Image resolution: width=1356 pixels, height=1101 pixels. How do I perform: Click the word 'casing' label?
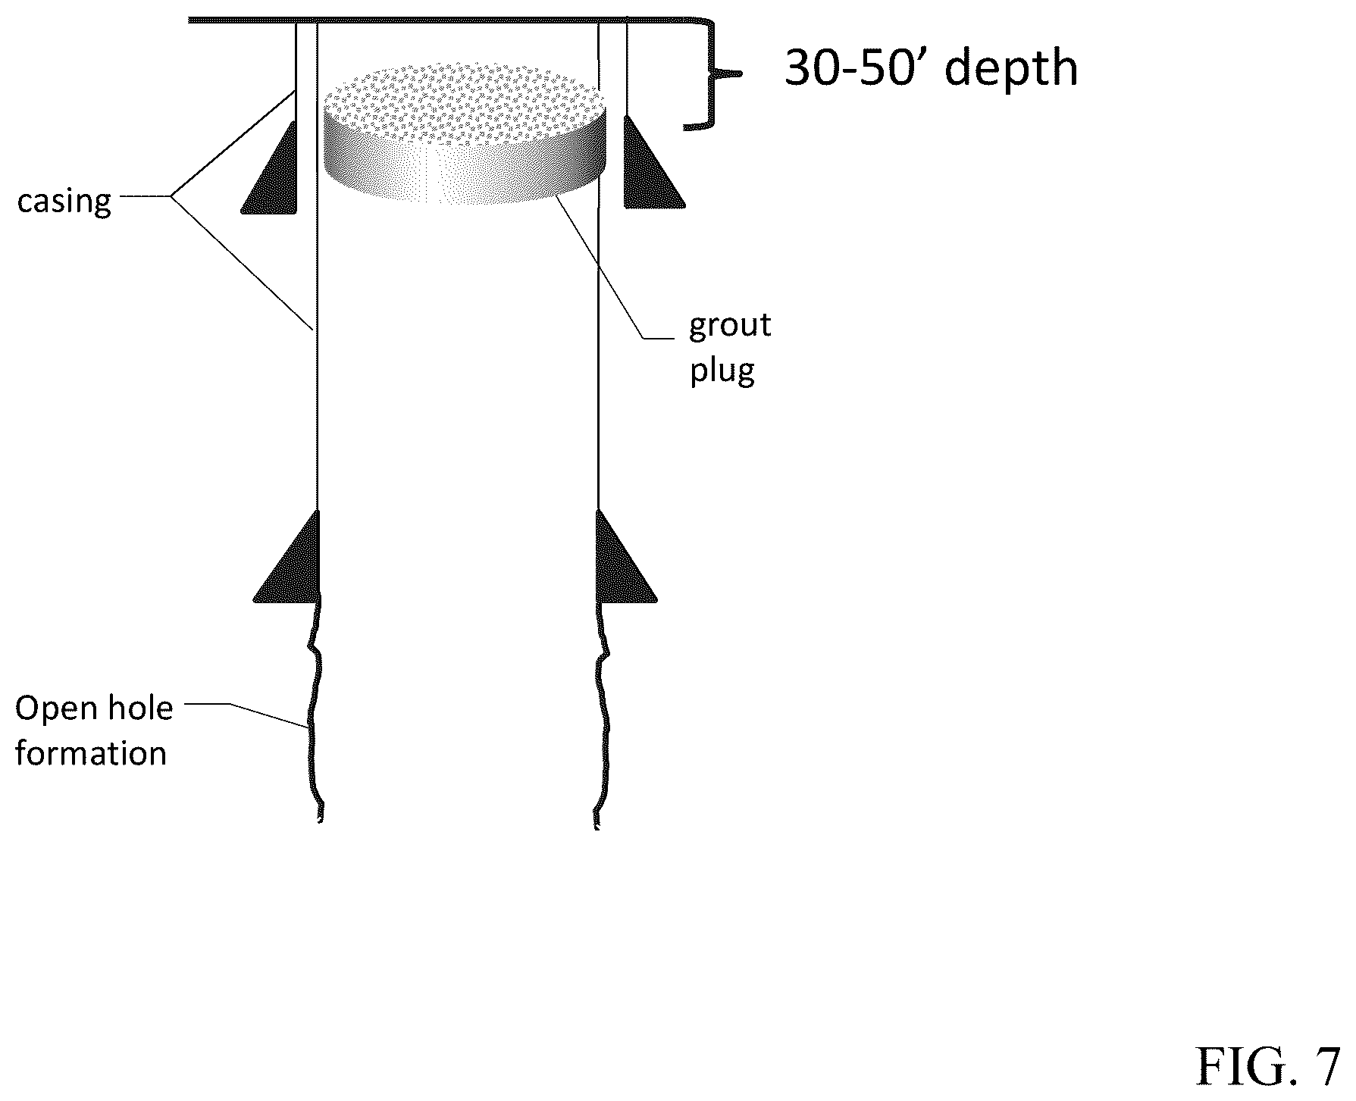(x=64, y=202)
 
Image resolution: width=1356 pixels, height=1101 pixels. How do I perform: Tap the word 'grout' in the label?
(x=730, y=327)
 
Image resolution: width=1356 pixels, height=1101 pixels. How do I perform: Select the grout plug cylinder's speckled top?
(x=465, y=95)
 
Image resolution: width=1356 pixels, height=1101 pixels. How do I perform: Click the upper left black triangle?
(x=270, y=167)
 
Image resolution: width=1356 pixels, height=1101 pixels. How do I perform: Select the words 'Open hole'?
(x=94, y=708)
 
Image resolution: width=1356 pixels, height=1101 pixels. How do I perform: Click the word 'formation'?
(x=91, y=754)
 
